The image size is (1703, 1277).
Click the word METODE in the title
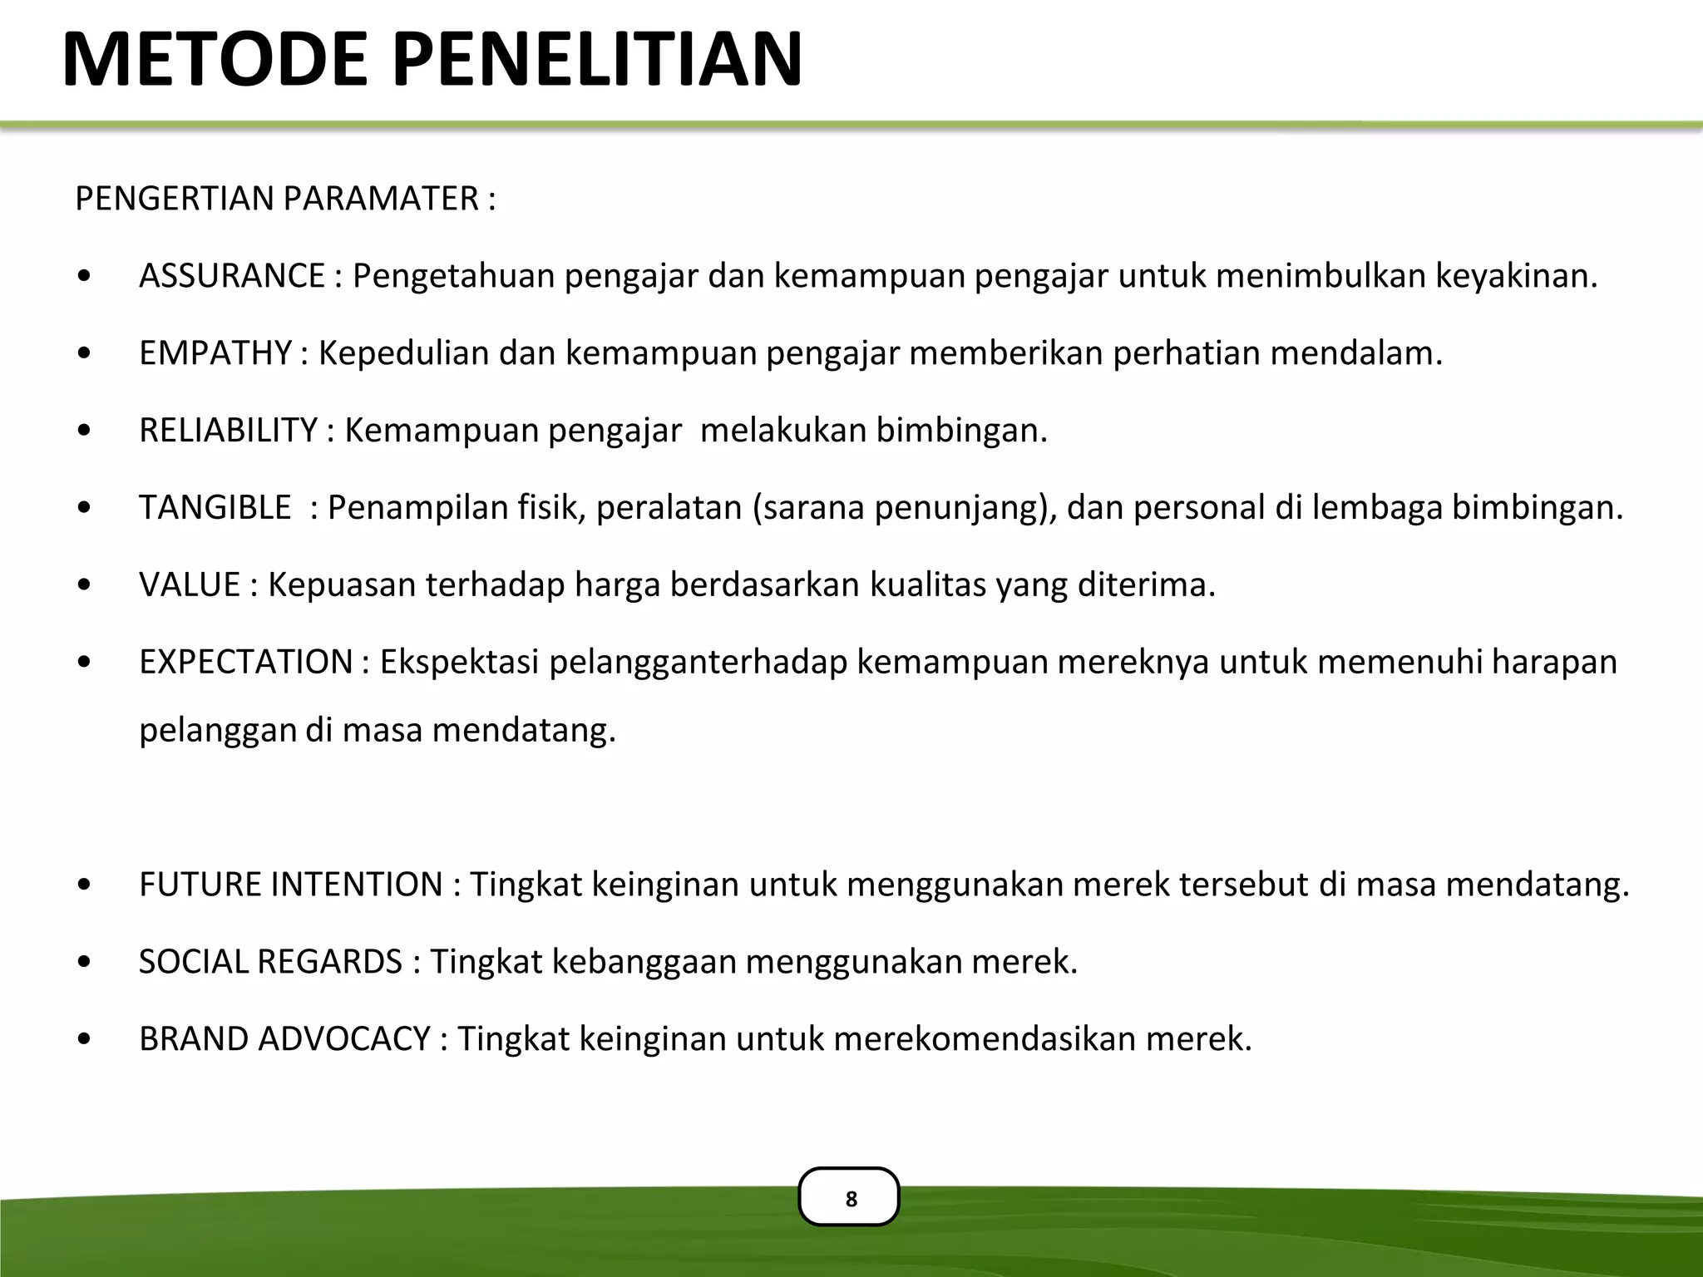point(215,60)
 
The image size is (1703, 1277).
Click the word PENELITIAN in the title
point(597,60)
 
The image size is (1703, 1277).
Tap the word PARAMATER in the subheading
point(381,200)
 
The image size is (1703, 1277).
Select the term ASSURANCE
point(232,276)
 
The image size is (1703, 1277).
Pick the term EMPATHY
point(215,353)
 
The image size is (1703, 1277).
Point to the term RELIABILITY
point(229,431)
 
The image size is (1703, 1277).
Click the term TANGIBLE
point(215,508)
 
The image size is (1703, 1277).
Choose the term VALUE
point(190,585)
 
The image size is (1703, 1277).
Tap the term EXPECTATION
point(246,663)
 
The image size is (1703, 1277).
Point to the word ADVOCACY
point(344,1039)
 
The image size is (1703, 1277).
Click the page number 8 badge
point(849,1197)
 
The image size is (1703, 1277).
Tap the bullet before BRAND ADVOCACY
point(84,1039)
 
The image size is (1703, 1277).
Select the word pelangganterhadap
point(698,663)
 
